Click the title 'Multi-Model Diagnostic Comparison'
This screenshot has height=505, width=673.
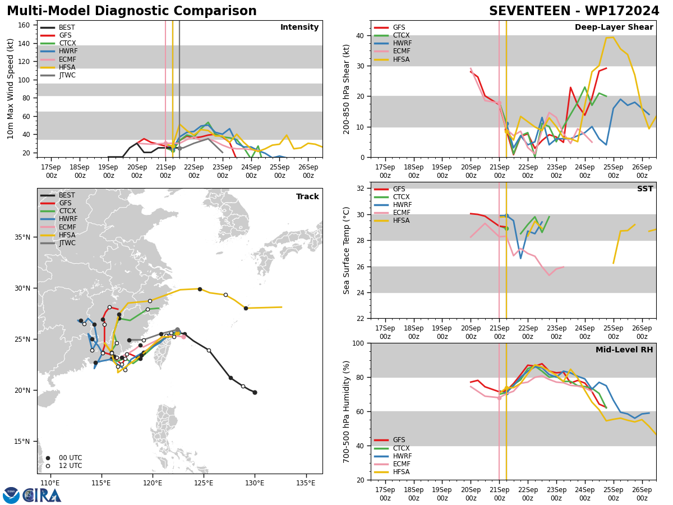point(132,11)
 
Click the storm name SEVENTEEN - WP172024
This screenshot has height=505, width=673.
point(574,11)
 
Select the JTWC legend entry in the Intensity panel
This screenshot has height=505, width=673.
point(67,75)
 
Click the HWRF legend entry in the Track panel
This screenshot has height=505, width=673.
point(67,219)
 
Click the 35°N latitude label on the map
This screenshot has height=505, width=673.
point(22,237)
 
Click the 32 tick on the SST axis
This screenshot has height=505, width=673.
point(362,189)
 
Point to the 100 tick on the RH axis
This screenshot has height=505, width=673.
point(359,343)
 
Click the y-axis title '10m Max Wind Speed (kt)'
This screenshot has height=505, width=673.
point(11,89)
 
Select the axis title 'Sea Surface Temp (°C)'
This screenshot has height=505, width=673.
point(347,250)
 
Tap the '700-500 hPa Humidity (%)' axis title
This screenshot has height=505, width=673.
point(347,411)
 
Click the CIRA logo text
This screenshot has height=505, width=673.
point(42,495)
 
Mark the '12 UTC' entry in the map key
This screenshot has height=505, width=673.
point(67,466)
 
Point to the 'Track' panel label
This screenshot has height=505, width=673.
point(307,197)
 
